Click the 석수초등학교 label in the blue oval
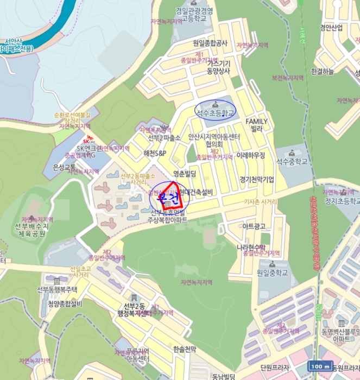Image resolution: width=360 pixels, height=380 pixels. coord(216,113)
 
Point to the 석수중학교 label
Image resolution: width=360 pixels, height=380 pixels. coord(292,161)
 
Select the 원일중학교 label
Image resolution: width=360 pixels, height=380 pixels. coord(271,273)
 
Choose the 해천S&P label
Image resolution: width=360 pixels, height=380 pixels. coord(155,154)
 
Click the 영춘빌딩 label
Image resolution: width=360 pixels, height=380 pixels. coord(184,174)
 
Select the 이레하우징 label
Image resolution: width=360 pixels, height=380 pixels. coord(251,155)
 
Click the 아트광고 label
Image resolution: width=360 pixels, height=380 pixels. coord(254,225)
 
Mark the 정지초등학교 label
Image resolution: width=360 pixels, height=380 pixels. coord(342,200)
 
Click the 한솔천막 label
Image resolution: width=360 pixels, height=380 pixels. coord(184,349)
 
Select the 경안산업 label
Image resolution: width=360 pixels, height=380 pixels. coord(331,28)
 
